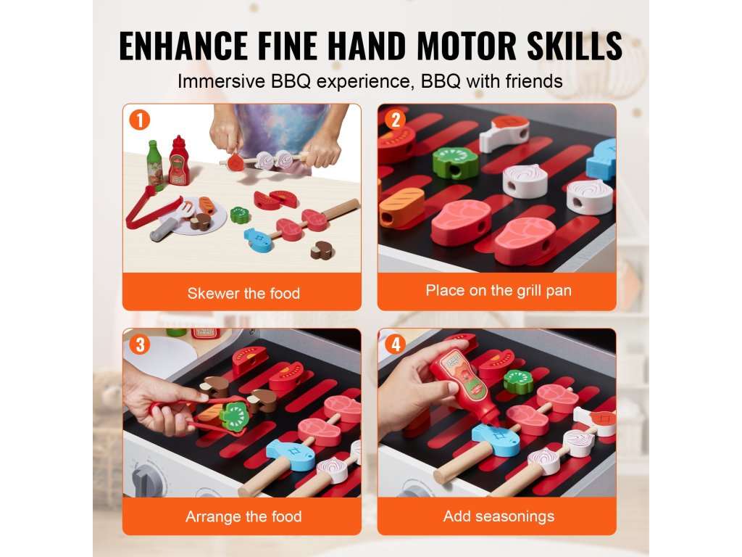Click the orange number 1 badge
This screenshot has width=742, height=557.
click(140, 120)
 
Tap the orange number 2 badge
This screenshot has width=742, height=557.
click(395, 120)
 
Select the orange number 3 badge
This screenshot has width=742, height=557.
click(140, 344)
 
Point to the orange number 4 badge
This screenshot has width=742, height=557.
click(395, 344)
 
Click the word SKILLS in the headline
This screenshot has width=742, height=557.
click(575, 46)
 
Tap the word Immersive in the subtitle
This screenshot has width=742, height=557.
click(221, 81)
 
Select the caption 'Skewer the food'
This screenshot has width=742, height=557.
click(243, 293)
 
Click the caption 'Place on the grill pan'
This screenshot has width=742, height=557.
click(499, 290)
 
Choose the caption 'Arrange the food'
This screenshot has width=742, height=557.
click(243, 516)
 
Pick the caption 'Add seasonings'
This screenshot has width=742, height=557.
click(499, 516)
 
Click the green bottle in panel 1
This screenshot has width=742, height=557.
click(154, 165)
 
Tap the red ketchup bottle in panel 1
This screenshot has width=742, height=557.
click(179, 160)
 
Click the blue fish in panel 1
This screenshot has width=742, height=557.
click(259, 239)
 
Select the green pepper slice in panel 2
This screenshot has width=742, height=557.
click(455, 162)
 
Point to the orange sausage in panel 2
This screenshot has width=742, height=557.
click(401, 207)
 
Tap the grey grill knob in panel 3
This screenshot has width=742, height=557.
click(148, 480)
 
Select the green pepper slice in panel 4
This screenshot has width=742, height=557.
click(518, 381)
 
